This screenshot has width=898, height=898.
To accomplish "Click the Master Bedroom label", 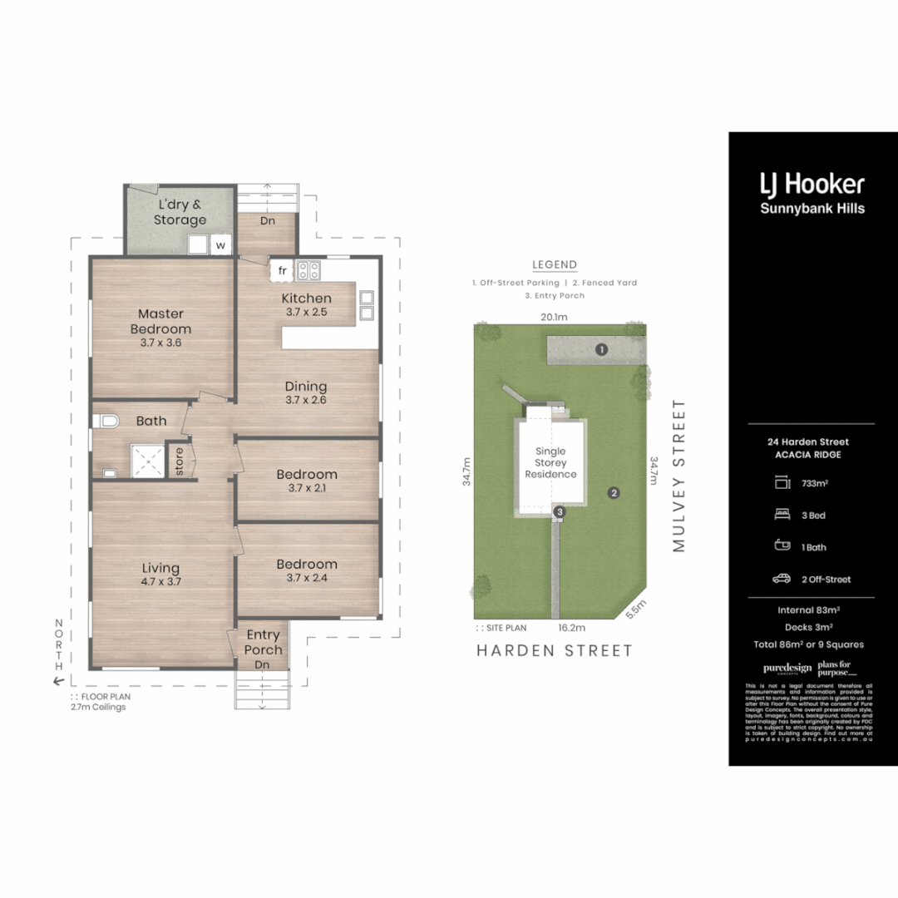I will pyautogui.click(x=160, y=322).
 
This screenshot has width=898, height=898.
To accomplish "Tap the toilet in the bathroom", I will pyautogui.click(x=107, y=422).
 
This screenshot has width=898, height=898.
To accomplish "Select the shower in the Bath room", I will pyautogui.click(x=147, y=460).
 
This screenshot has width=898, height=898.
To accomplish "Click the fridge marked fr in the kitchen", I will pyautogui.click(x=282, y=270).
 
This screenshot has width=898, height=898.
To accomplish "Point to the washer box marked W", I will pyautogui.click(x=220, y=245).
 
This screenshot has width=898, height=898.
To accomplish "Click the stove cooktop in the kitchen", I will pyautogui.click(x=309, y=269).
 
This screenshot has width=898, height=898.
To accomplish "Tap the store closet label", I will pyautogui.click(x=179, y=463).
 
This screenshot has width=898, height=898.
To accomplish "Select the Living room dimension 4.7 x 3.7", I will pyautogui.click(x=161, y=581).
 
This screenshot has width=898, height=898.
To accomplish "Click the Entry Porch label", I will pyautogui.click(x=263, y=642).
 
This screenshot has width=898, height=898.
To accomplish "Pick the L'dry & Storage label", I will pyautogui.click(x=180, y=212).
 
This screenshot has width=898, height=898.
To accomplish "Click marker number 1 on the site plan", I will pyautogui.click(x=601, y=350).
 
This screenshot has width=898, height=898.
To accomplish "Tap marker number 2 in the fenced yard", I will pyautogui.click(x=614, y=492).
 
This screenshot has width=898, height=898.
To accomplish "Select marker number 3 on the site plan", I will pyautogui.click(x=560, y=511).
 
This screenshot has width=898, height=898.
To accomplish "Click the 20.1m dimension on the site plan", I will pyautogui.click(x=554, y=316).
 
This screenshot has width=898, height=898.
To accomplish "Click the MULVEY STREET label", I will pyautogui.click(x=679, y=476).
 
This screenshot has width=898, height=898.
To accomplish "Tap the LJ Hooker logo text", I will pyautogui.click(x=812, y=184).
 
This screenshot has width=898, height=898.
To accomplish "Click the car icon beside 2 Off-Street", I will pyautogui.click(x=782, y=579).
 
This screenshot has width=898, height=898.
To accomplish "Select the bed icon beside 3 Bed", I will pyautogui.click(x=782, y=515).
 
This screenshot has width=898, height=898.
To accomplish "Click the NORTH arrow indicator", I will pyautogui.click(x=59, y=653).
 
